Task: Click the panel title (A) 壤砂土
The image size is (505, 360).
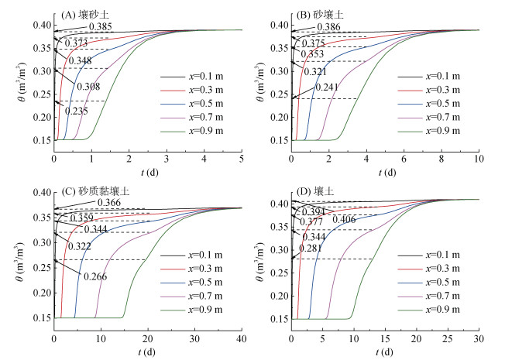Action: click(84, 15)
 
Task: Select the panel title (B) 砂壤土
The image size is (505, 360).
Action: click(319, 15)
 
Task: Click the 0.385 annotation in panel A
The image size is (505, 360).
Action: click(101, 27)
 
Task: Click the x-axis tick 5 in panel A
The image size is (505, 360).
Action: click(242, 159)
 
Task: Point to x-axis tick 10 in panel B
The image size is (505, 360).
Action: click(478, 159)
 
